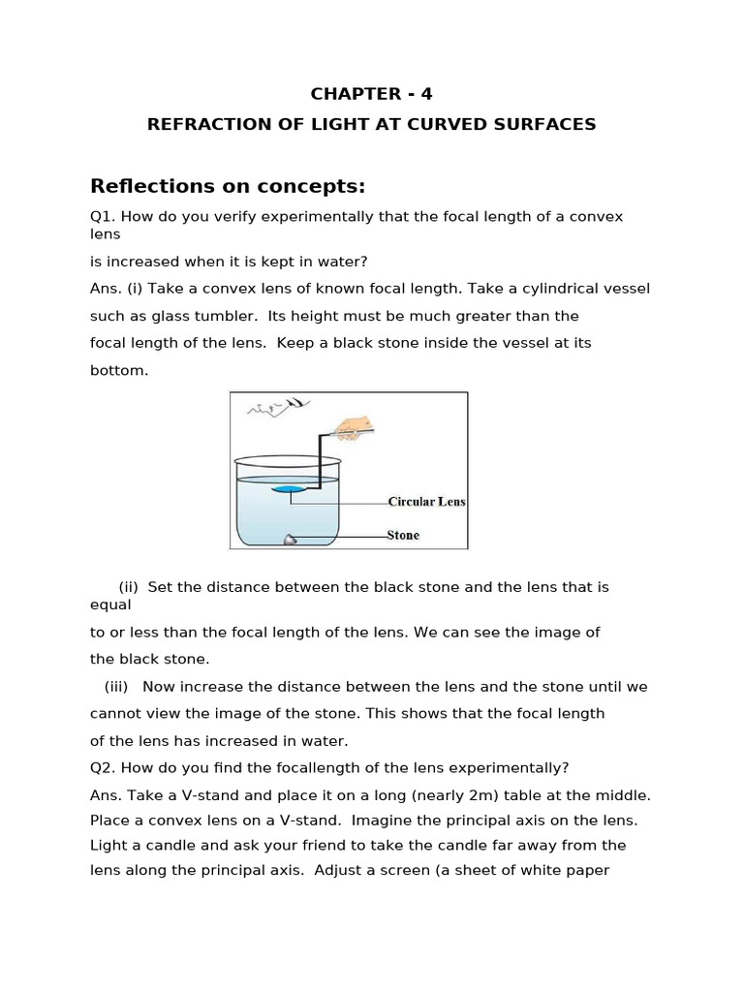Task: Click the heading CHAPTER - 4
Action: [x=371, y=94]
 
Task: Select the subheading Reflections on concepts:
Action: [x=227, y=186]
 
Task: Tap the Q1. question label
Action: [x=103, y=216]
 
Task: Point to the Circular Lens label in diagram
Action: [x=426, y=502]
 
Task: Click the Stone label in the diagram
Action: [x=403, y=535]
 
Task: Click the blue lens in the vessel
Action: [x=288, y=490]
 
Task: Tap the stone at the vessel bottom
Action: [x=289, y=540]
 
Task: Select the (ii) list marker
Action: [x=129, y=587]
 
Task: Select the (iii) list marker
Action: [x=117, y=687]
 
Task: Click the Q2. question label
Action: [x=103, y=768]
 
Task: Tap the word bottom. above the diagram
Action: [x=119, y=370]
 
